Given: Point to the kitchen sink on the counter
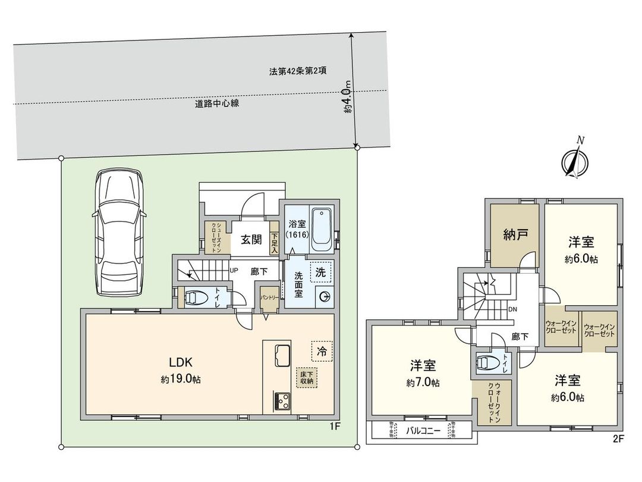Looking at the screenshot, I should pos(282,356).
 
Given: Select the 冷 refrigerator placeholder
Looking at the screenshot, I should pos(322,350).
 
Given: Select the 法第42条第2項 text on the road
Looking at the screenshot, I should pos(297,71).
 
